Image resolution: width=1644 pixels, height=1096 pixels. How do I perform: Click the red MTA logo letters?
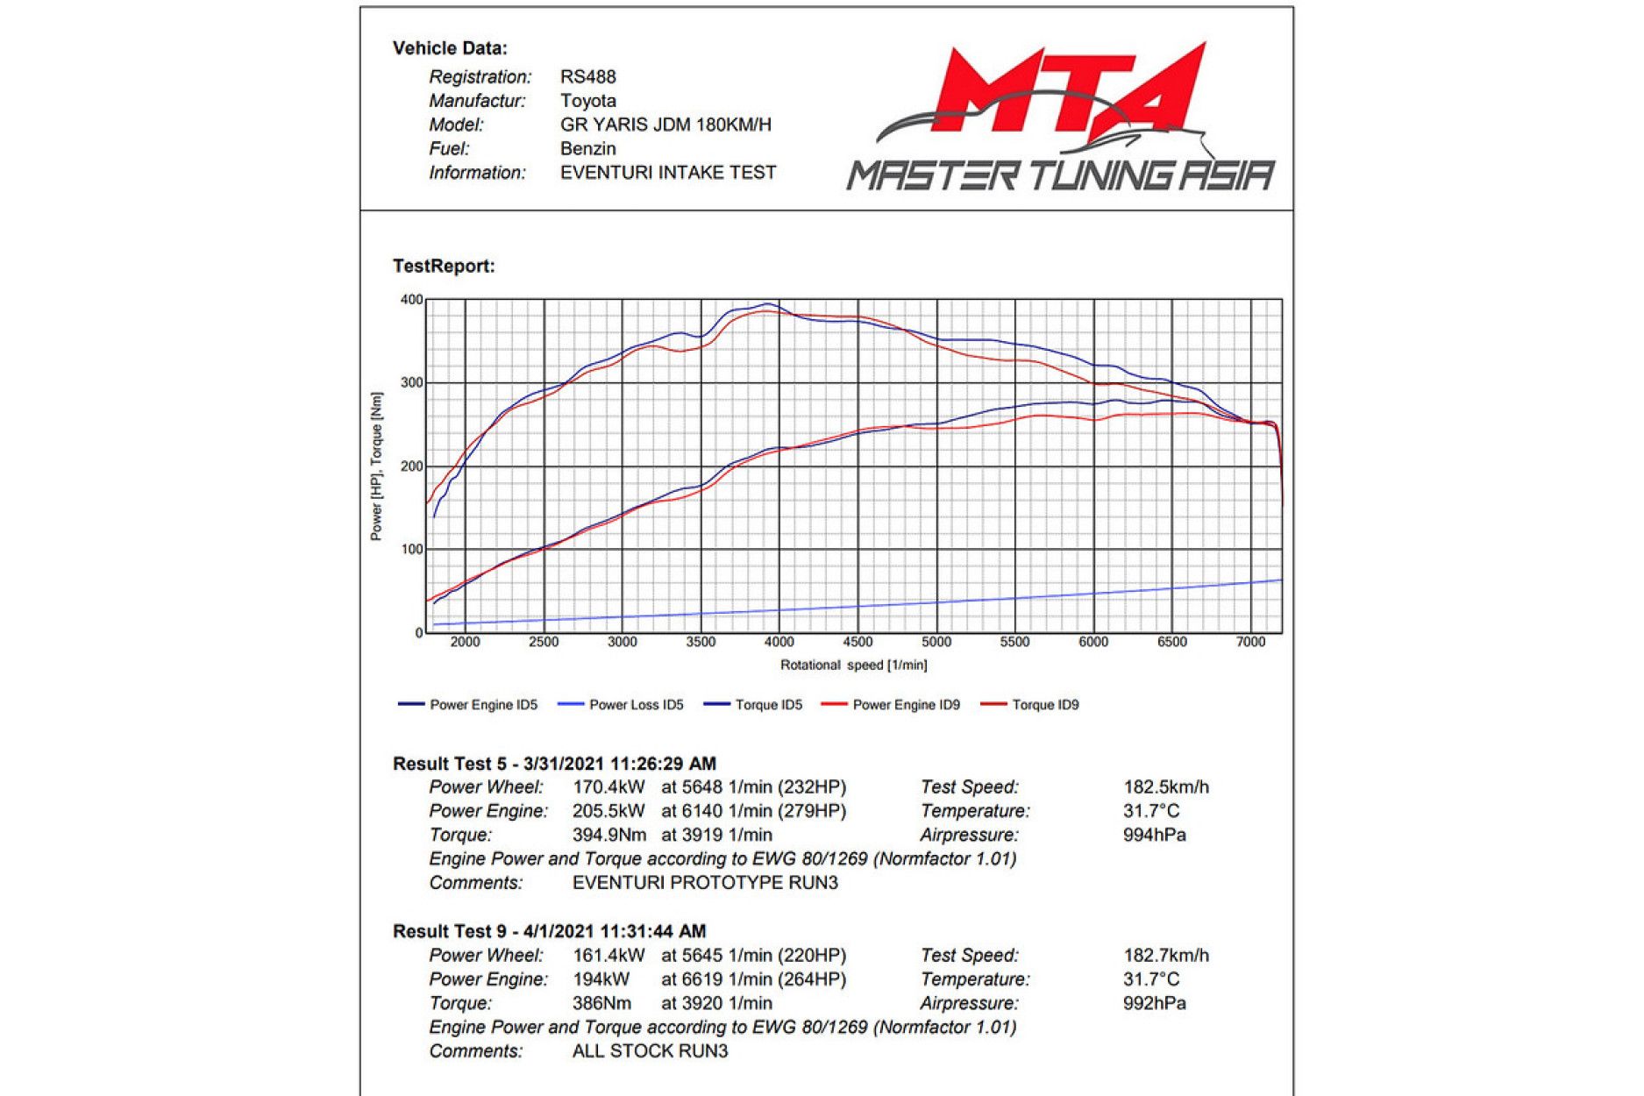pyautogui.click(x=1065, y=92)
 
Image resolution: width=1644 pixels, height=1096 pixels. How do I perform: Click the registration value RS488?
pyautogui.click(x=587, y=77)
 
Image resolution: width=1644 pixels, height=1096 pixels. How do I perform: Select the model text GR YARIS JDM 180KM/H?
pyautogui.click(x=665, y=125)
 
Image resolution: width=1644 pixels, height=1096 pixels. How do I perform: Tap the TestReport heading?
pyautogui.click(x=444, y=266)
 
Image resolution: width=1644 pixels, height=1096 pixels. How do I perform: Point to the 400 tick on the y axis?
pyautogui.click(x=411, y=300)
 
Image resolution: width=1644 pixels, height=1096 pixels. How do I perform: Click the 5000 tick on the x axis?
pyautogui.click(x=936, y=643)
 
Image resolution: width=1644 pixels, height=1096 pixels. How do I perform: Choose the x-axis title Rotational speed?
pyautogui.click(x=853, y=665)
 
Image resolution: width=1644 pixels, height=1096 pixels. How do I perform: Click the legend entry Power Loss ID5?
pyautogui.click(x=636, y=705)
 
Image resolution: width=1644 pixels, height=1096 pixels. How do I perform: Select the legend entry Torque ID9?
pyautogui.click(x=1045, y=705)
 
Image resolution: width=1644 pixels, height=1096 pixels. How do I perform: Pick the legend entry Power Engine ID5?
pyautogui.click(x=483, y=705)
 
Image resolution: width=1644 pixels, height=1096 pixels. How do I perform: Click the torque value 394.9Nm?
pyautogui.click(x=608, y=835)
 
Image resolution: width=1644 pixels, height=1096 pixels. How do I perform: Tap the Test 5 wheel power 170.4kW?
pyautogui.click(x=608, y=787)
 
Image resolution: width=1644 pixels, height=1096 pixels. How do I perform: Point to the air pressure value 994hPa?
pyautogui.click(x=1154, y=835)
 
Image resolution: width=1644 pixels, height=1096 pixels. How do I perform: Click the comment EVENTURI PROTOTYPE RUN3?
pyautogui.click(x=705, y=883)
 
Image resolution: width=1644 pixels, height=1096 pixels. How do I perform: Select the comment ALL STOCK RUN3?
pyautogui.click(x=650, y=1051)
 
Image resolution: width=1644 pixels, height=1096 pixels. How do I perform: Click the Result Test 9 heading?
pyautogui.click(x=549, y=931)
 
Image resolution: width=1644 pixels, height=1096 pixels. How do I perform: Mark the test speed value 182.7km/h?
pyautogui.click(x=1165, y=956)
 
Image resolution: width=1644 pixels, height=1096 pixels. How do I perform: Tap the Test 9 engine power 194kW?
pyautogui.click(x=601, y=979)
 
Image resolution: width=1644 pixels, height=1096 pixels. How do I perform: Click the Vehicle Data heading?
pyautogui.click(x=450, y=48)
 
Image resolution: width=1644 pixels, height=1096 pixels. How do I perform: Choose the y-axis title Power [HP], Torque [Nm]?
pyautogui.click(x=376, y=466)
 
